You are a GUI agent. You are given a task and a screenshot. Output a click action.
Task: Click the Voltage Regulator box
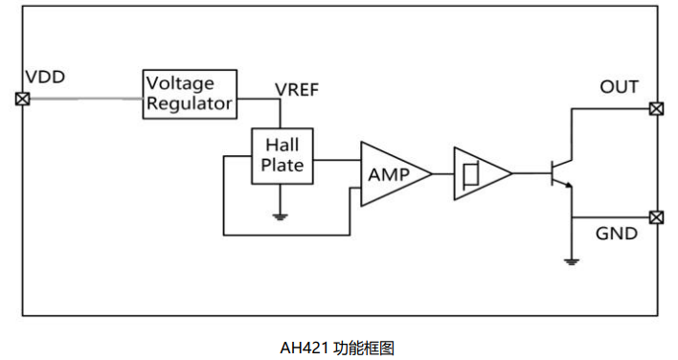(x=189, y=94)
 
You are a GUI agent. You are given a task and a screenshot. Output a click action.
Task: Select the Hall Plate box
(x=282, y=154)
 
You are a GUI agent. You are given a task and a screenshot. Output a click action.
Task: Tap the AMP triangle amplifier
(x=391, y=174)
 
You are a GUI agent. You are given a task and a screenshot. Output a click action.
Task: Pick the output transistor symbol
(x=561, y=174)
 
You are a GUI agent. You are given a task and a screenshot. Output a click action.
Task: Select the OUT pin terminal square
(x=656, y=108)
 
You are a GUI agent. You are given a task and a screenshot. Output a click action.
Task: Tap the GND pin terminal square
(x=656, y=217)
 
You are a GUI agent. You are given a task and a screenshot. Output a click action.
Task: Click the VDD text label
(x=45, y=78)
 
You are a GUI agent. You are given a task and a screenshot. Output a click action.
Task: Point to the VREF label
(x=297, y=90)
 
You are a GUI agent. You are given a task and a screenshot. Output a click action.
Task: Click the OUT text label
(x=619, y=87)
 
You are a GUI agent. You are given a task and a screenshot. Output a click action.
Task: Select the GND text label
(x=617, y=234)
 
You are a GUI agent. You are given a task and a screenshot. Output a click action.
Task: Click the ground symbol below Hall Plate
(x=281, y=216)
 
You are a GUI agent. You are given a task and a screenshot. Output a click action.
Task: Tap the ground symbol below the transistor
(x=571, y=259)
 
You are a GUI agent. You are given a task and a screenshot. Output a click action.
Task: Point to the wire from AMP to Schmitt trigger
(x=442, y=173)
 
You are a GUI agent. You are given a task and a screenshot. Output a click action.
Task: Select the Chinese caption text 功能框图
(x=364, y=348)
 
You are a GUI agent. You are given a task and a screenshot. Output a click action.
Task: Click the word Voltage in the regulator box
(x=180, y=83)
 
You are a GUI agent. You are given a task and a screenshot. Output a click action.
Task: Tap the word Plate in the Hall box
(x=283, y=165)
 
